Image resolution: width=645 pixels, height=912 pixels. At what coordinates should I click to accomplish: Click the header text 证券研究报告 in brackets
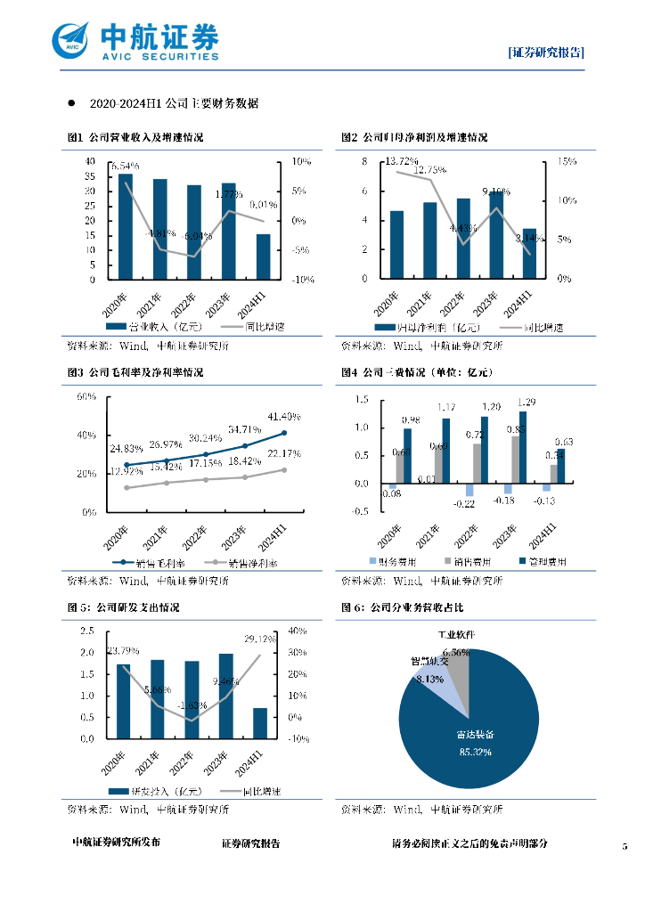coord(546,53)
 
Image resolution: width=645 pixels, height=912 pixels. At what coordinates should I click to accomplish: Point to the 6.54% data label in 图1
coord(124,167)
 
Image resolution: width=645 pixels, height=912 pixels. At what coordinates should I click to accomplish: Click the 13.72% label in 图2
coord(402,161)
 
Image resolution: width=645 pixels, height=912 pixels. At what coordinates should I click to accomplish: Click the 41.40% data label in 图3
coord(284,416)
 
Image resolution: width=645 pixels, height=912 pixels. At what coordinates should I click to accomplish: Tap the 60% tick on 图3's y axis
coord(86,396)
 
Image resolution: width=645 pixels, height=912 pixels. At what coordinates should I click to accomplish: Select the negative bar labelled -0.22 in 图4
coord(469,491)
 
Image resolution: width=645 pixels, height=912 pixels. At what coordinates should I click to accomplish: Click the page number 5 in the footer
coord(625,844)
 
